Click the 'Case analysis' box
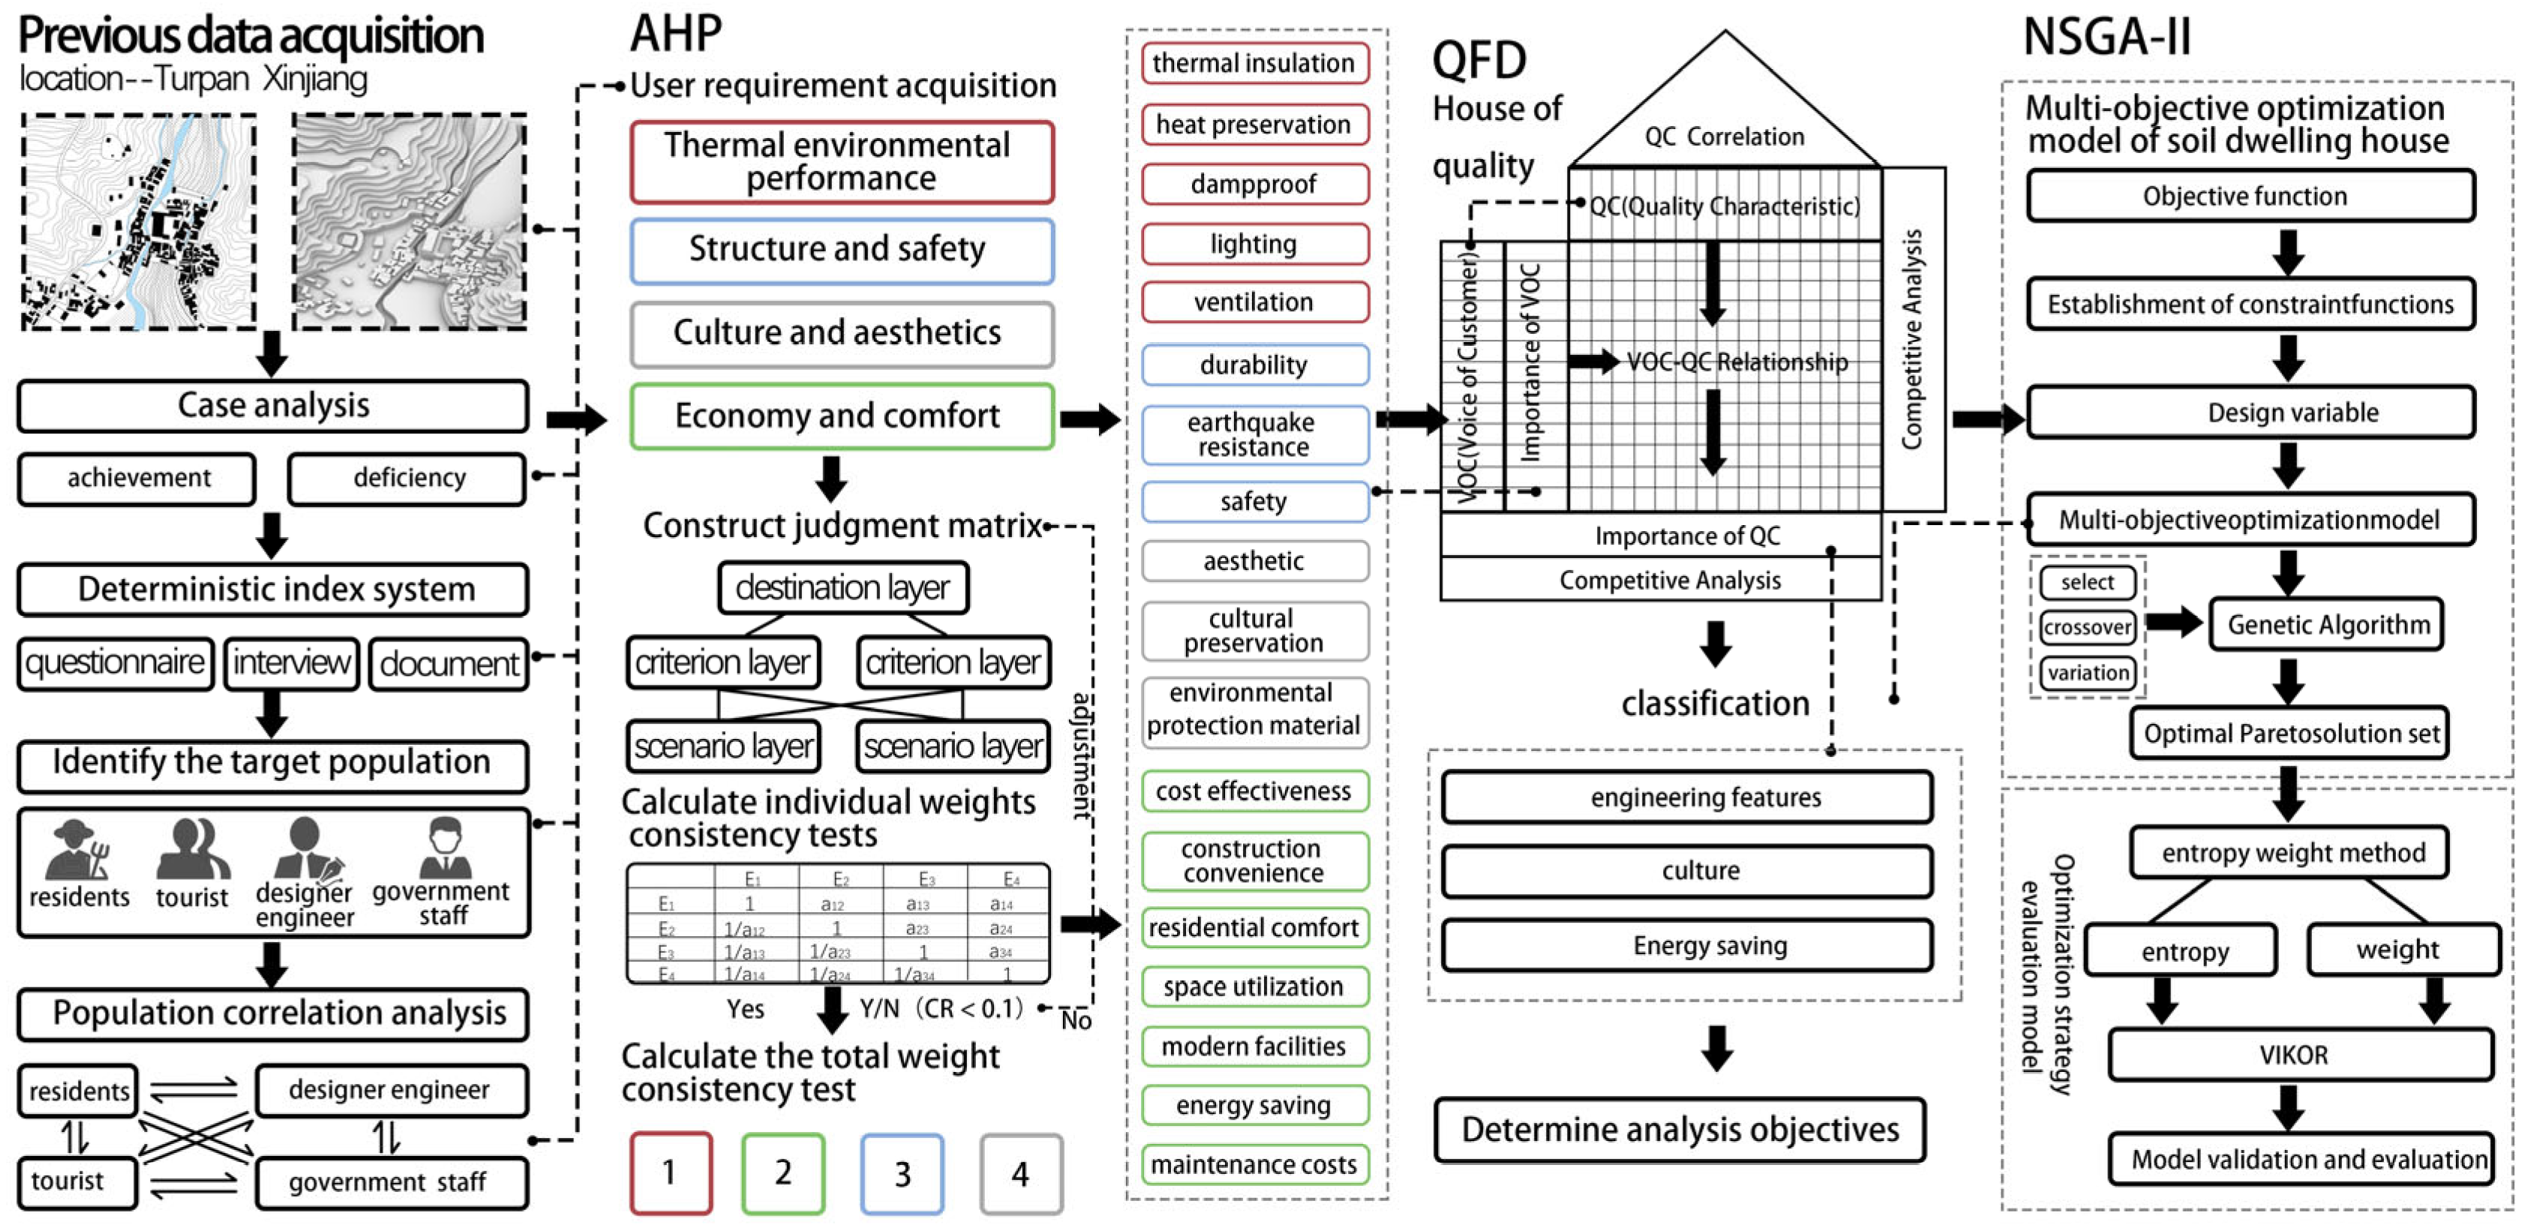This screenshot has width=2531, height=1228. point(272,406)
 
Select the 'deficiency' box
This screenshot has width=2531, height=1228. point(408,479)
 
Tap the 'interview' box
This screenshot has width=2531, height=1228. point(292,663)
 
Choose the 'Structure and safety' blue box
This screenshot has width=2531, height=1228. point(841,251)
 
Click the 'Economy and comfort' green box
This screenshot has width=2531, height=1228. point(841,416)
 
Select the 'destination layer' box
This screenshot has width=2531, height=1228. point(843,587)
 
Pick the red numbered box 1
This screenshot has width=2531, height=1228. point(670,1173)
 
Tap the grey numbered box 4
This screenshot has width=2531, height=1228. point(1021,1173)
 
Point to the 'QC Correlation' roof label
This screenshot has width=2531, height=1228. point(1725,137)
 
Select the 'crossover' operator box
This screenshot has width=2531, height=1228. point(2087,627)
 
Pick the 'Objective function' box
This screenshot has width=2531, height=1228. point(2249,197)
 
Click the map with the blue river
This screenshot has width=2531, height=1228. point(140,222)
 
